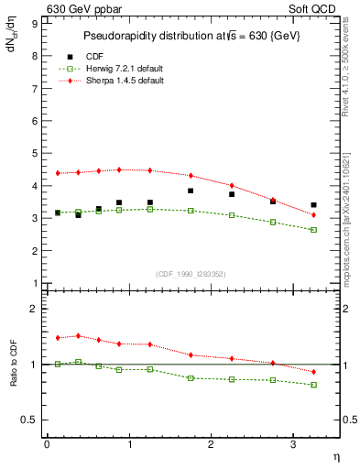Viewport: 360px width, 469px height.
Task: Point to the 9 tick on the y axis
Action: [35, 23]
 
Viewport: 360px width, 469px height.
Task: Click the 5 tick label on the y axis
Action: [35, 153]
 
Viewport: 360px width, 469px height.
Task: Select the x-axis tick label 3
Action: [293, 445]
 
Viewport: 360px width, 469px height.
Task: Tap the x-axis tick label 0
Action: [47, 445]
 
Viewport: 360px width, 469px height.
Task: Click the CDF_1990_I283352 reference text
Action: [191, 273]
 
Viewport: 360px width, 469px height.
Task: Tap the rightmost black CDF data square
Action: [313, 205]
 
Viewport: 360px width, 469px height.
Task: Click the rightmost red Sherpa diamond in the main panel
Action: [313, 215]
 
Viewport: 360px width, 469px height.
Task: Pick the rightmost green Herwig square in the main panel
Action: [313, 230]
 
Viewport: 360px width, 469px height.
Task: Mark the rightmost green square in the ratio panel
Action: [313, 385]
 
